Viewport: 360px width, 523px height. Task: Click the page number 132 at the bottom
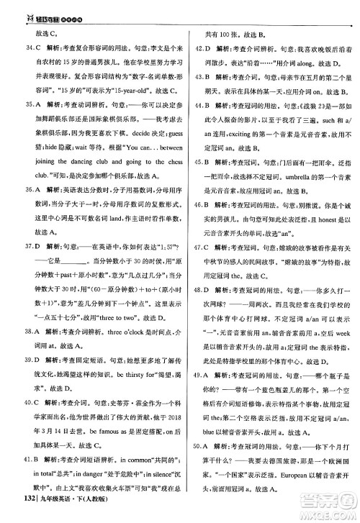coord(11,513)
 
